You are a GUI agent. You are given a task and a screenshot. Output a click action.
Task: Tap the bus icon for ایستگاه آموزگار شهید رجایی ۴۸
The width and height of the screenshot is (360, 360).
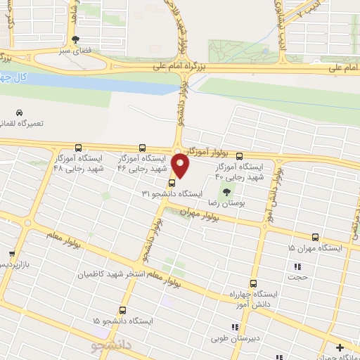point(78,148)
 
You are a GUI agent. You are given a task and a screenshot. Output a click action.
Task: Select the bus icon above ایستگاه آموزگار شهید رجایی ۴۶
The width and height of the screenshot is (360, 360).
point(143,148)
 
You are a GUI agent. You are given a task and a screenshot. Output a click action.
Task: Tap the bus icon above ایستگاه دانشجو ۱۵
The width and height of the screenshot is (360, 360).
point(123,310)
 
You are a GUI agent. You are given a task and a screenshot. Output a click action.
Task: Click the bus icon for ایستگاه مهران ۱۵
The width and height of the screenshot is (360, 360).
point(315,237)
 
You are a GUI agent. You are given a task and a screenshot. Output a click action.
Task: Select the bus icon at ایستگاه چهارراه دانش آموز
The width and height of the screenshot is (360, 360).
point(253,283)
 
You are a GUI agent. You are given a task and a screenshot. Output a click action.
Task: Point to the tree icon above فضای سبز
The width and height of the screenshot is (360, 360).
point(76,39)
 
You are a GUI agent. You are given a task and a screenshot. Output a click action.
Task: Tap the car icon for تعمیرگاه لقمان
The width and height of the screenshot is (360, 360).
point(18,112)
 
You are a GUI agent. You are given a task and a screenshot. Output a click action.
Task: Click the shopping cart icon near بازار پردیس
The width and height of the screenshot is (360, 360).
point(11,253)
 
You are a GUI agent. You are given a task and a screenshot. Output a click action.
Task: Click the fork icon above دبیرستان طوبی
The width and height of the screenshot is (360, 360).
point(235,327)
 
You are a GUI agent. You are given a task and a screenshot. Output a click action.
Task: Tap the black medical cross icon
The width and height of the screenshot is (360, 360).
point(340,347)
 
